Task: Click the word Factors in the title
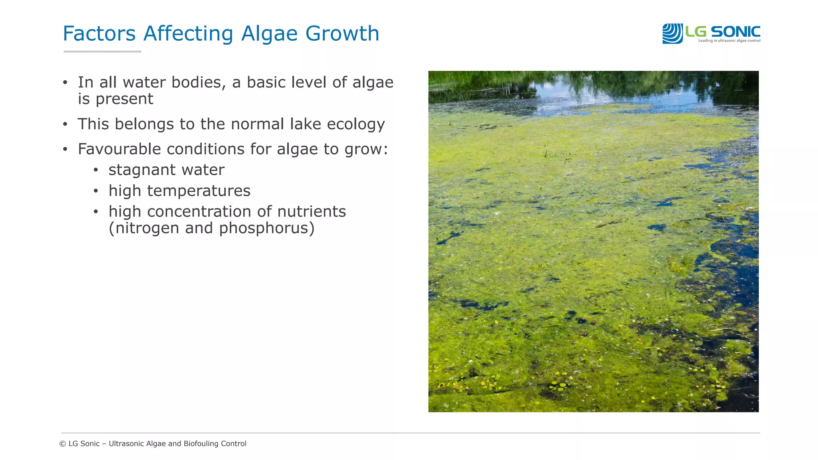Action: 99,34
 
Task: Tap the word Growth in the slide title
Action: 342,34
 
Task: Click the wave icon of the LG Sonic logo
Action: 673,34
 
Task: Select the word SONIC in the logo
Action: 735,32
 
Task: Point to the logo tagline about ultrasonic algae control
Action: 729,41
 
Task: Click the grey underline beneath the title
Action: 102,52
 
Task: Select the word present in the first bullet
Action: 124,99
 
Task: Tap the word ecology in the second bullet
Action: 356,124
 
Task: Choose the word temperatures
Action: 199,191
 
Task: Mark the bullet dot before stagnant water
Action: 96,171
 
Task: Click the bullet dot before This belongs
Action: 65,124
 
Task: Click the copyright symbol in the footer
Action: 63,444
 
